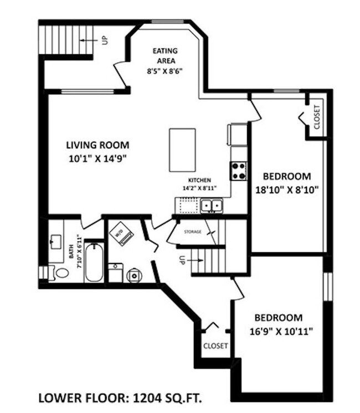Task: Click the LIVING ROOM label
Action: [x=97, y=145]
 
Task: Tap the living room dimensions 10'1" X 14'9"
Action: [x=97, y=159]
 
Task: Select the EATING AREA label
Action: [x=165, y=55]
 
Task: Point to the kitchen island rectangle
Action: [x=182, y=150]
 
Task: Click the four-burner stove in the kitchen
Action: [x=239, y=171]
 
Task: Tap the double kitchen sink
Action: [x=212, y=206]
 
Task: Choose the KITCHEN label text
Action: [x=199, y=180]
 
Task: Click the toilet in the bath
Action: [x=59, y=273]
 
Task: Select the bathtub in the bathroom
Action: [x=94, y=262]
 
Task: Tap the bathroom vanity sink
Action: [x=56, y=242]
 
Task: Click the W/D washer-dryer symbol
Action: [x=121, y=233]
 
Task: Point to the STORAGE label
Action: [x=193, y=232]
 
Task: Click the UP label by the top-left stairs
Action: [x=105, y=40]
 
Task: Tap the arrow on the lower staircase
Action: [x=195, y=261]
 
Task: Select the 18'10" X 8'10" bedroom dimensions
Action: [x=287, y=190]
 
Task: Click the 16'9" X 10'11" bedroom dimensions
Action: [x=281, y=331]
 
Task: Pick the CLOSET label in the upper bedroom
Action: [x=317, y=117]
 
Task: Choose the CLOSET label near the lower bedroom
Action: [x=215, y=345]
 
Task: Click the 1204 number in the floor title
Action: [x=147, y=398]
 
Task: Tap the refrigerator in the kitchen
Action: [x=238, y=134]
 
